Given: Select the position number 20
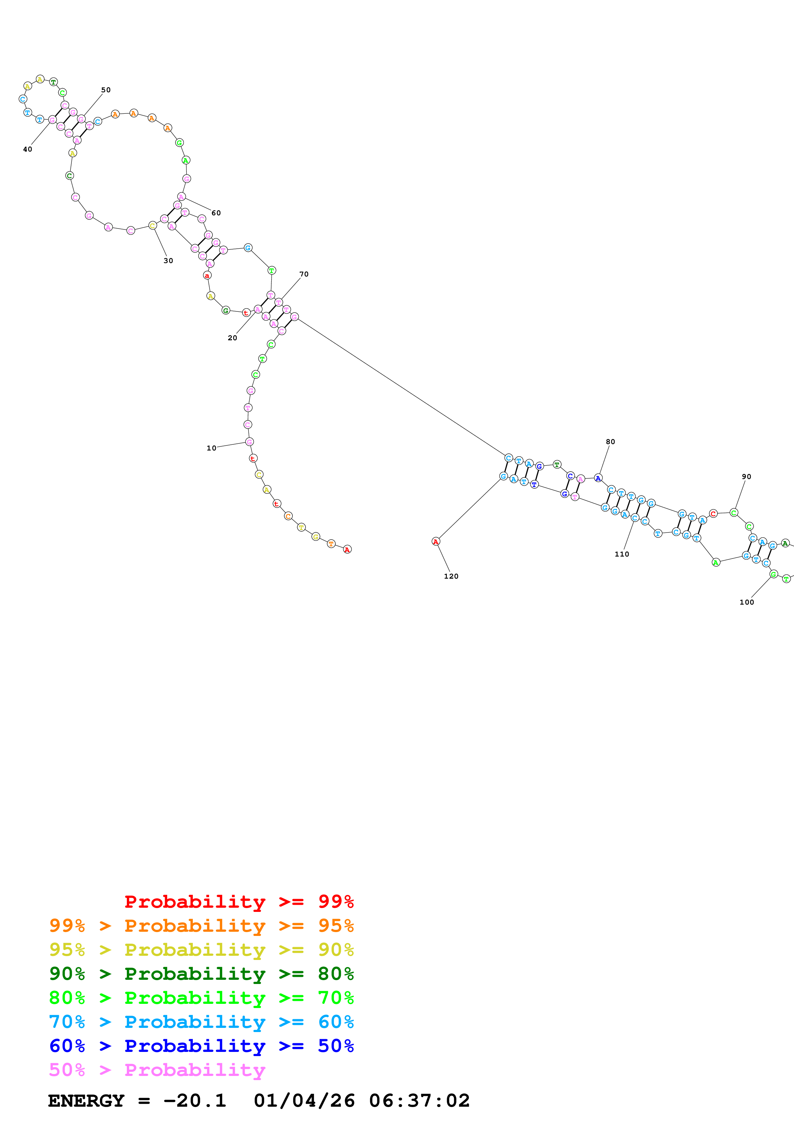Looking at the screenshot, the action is pyautogui.click(x=233, y=338).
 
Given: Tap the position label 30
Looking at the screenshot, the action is pyautogui.click(x=168, y=260).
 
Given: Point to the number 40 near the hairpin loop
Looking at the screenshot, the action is pyautogui.click(x=28, y=149).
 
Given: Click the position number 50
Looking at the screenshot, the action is pyautogui.click(x=106, y=90).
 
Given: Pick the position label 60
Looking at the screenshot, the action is pyautogui.click(x=216, y=213).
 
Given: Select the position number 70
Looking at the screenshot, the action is pyautogui.click(x=304, y=274).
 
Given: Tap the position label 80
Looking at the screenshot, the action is pyautogui.click(x=610, y=442).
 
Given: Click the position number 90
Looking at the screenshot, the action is pyautogui.click(x=746, y=476).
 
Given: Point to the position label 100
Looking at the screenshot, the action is pyautogui.click(x=747, y=602).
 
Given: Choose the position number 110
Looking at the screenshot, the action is pyautogui.click(x=622, y=554).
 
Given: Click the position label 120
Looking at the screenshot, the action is pyautogui.click(x=451, y=576).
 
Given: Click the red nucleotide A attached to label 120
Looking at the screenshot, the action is pyautogui.click(x=435, y=541).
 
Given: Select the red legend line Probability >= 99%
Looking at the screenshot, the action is pyautogui.click(x=239, y=902).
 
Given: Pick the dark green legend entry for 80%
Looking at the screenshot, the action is pyautogui.click(x=201, y=974).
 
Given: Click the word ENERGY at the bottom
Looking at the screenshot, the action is pyautogui.click(x=86, y=1101).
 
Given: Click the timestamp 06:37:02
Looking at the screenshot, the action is pyautogui.click(x=419, y=1101).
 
